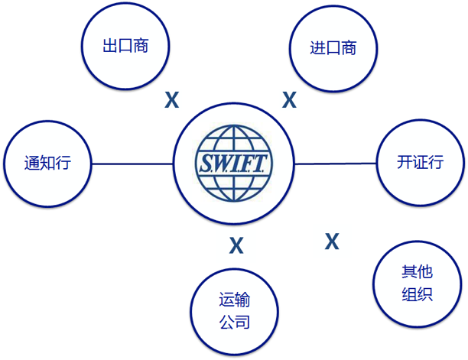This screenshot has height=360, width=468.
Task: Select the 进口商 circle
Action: coord(333,47)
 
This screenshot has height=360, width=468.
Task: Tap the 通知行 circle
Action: coord(47,162)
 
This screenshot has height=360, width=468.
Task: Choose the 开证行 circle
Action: coord(420,162)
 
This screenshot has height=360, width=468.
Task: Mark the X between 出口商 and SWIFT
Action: coord(172,99)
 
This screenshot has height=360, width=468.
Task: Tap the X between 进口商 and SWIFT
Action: coord(289,100)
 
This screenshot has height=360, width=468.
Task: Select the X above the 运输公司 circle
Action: coord(236,245)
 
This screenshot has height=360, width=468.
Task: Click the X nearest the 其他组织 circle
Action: coord(331,242)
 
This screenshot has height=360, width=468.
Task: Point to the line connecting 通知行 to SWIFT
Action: coord(132,163)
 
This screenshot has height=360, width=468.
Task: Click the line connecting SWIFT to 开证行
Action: coord(336,163)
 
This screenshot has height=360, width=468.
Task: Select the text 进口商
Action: coord(333,47)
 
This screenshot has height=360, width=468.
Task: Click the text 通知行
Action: coord(47,162)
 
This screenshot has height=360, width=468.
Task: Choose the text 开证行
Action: coord(420,162)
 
